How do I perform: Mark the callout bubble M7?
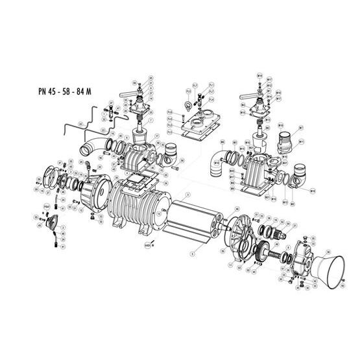[302, 128]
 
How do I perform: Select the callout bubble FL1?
[211, 84]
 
